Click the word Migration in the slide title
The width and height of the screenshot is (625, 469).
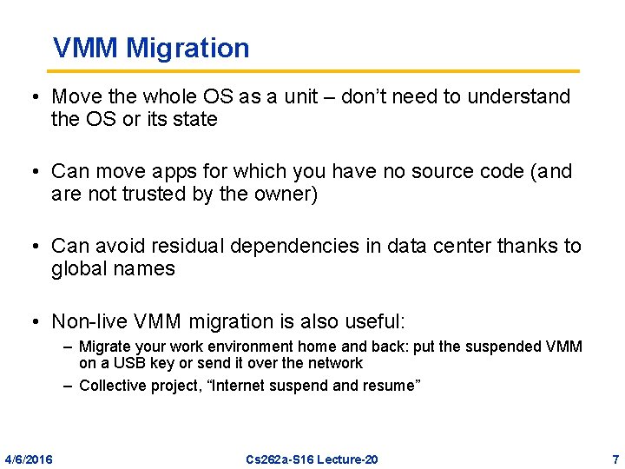tap(187, 48)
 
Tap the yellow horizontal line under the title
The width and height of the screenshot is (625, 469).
tap(312, 71)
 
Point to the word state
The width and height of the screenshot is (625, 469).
tap(195, 119)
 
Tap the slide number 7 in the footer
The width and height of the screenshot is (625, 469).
tap(615, 459)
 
